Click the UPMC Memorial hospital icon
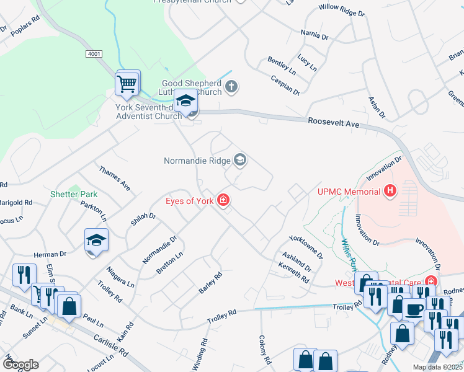pos(390,190)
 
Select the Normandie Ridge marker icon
pos(240,161)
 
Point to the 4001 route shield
pos(94,55)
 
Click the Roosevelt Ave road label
pos(334,123)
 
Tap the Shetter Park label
pos(74,194)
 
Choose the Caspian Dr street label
pos(285,84)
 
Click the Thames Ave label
pos(114,178)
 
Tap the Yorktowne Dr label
pos(306,247)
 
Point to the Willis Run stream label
pos(348,255)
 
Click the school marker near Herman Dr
pos(97,240)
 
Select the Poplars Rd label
pos(25,35)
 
